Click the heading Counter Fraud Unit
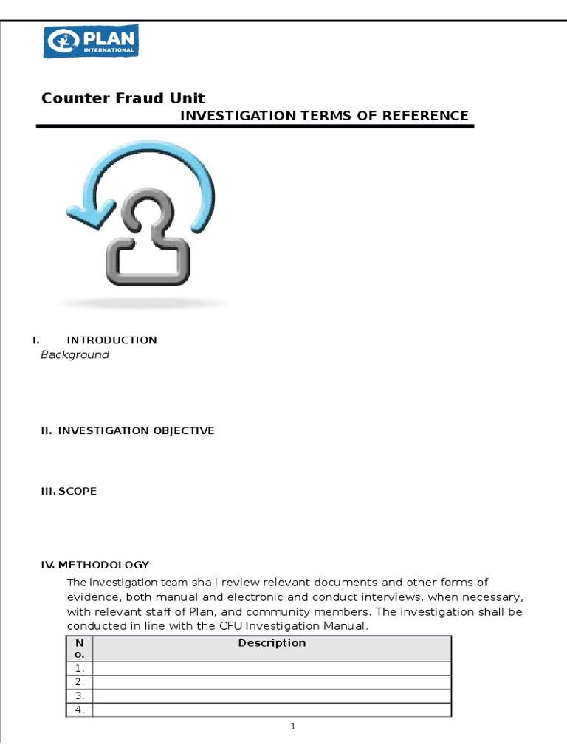point(123,98)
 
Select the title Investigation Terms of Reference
point(325,115)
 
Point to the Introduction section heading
point(111,340)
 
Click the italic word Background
point(75,355)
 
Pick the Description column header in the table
point(272,643)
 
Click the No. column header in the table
point(79,648)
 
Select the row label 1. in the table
point(79,668)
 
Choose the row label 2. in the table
point(79,682)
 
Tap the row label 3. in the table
point(79,696)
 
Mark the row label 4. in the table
point(79,710)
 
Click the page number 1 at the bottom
point(293,727)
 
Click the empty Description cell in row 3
point(272,696)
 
